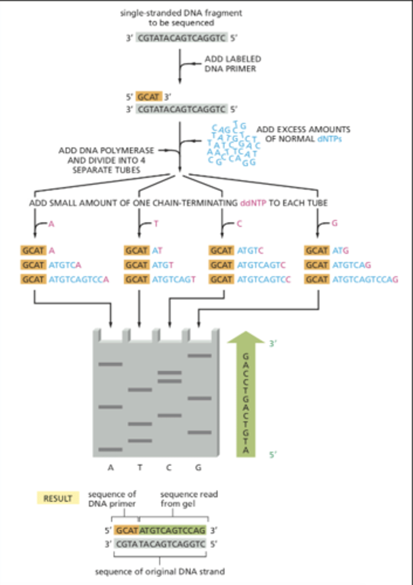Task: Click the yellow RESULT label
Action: click(58, 498)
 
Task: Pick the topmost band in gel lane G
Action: click(198, 355)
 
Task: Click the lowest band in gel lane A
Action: click(111, 449)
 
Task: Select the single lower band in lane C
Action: click(169, 416)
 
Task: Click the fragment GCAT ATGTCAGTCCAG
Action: click(351, 280)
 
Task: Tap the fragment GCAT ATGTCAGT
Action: click(160, 280)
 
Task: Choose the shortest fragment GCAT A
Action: click(38, 251)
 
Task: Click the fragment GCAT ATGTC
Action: click(236, 251)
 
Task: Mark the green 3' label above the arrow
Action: click(273, 344)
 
